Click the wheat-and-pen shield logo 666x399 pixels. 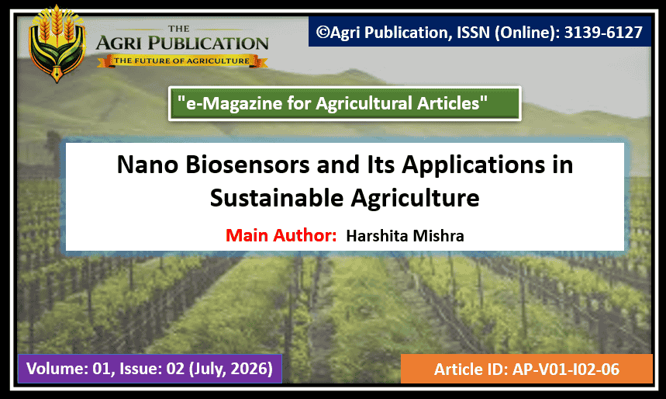[57, 43]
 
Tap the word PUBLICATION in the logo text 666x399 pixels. [208, 43]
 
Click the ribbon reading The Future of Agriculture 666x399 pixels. [182, 61]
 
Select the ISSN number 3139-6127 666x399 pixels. [603, 33]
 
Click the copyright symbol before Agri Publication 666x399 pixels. [323, 33]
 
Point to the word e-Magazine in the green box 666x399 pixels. [234, 103]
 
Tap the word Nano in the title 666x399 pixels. [147, 165]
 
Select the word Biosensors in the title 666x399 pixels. [247, 165]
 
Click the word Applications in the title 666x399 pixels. [474, 165]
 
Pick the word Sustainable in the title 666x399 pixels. [277, 198]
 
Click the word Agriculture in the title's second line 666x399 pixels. [415, 199]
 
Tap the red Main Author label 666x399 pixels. [281, 235]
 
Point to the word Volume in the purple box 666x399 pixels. [57, 369]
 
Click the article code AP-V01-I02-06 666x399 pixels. [566, 370]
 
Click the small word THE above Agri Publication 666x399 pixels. [179, 29]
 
